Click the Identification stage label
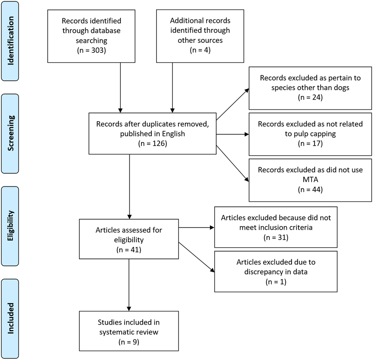tap(11, 41)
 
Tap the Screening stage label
tap(11, 133)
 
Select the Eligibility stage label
tap(11, 226)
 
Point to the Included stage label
tap(11, 318)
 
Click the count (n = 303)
tap(92, 50)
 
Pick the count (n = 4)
tap(200, 50)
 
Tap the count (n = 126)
tap(153, 143)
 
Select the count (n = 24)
tap(310, 97)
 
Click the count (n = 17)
tap(310, 143)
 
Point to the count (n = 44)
tap(310, 189)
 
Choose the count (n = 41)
tap(129, 249)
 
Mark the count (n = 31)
tap(276, 237)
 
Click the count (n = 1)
tap(276, 282)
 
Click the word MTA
tap(310, 180)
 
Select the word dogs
tap(342, 87)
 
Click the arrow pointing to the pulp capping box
tap(233, 134)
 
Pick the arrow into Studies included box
tap(129, 285)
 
